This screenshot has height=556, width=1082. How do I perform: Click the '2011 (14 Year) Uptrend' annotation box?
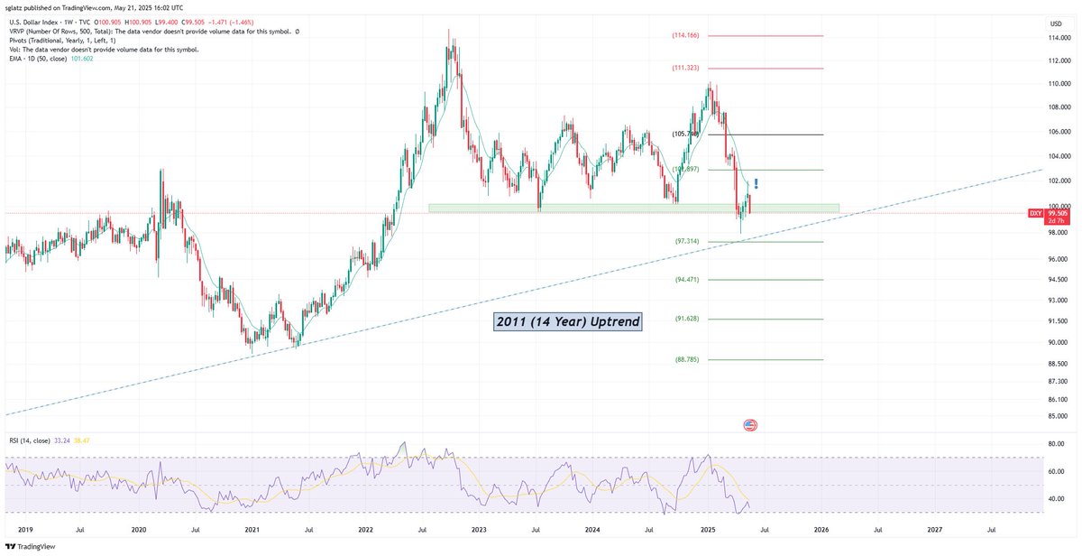[568, 322]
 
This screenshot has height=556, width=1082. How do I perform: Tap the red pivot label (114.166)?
[685, 36]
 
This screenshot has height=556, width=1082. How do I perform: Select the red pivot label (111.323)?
[685, 69]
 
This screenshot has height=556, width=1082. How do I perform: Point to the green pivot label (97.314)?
[687, 242]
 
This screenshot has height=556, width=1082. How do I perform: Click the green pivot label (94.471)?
[687, 280]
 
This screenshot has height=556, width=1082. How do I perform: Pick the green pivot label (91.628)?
[687, 319]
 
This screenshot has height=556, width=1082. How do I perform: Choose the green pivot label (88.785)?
[687, 359]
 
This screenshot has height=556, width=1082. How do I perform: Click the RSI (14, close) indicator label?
[33, 440]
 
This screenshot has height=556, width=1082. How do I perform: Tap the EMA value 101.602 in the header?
[83, 59]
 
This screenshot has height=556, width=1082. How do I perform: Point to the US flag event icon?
[749, 424]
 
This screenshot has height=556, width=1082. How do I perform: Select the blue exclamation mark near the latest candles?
[756, 183]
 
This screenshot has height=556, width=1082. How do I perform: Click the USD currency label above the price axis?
[1056, 22]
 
